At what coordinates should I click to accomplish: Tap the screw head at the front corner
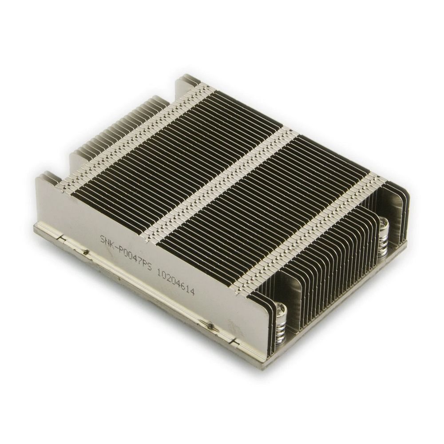(x=281, y=309)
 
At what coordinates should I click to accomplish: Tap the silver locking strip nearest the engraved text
(x=133, y=138)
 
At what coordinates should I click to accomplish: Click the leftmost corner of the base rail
(x=36, y=227)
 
